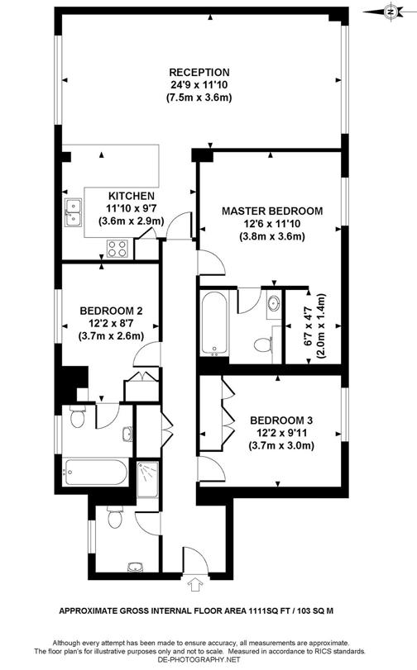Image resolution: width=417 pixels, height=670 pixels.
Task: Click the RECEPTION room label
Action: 199,72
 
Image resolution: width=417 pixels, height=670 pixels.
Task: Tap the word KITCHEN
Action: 130,196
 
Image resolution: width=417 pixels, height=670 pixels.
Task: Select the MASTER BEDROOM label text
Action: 272,211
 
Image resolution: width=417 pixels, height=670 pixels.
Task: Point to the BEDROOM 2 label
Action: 112,311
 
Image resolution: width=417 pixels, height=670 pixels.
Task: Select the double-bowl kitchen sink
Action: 73,217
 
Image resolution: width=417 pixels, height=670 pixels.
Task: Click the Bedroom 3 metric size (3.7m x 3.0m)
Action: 285,446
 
